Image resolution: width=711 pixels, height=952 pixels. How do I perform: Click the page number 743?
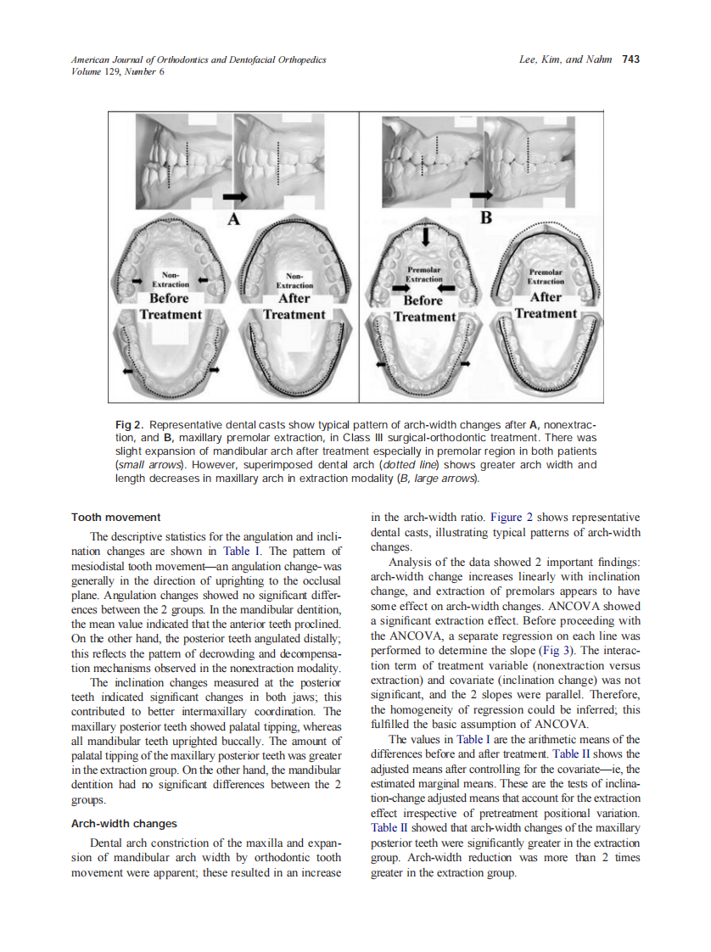630,59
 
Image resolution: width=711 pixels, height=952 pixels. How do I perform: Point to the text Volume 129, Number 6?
118,71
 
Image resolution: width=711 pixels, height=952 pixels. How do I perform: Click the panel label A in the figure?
233,219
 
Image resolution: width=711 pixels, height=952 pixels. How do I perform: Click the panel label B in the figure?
486,218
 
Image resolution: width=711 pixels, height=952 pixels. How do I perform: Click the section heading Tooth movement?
116,517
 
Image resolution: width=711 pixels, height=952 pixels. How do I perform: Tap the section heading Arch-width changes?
124,823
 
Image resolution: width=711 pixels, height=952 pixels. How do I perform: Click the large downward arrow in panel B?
426,233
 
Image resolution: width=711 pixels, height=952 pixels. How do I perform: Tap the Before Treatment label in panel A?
170,306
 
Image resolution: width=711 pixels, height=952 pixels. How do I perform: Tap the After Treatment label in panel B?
546,305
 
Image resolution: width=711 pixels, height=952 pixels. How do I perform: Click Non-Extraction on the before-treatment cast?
171,281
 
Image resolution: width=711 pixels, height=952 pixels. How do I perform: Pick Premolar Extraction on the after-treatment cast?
546,275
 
